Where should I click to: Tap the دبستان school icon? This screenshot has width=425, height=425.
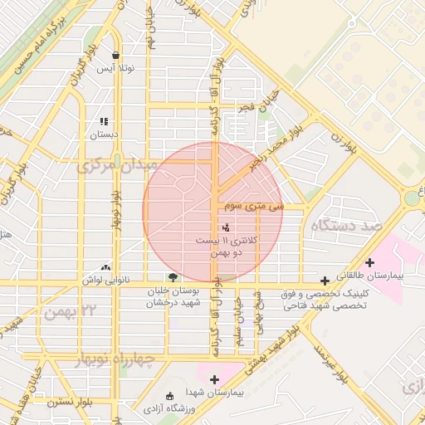point(105,121)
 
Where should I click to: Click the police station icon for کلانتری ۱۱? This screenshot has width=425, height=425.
point(226,227)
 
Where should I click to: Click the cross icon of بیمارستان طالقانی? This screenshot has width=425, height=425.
point(369,262)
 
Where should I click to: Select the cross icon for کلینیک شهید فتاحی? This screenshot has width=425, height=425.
point(324,281)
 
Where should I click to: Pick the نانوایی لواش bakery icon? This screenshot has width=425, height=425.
point(105,268)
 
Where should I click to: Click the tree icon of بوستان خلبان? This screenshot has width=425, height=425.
point(172,278)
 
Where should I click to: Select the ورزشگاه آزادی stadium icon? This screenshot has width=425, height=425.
point(170,396)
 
